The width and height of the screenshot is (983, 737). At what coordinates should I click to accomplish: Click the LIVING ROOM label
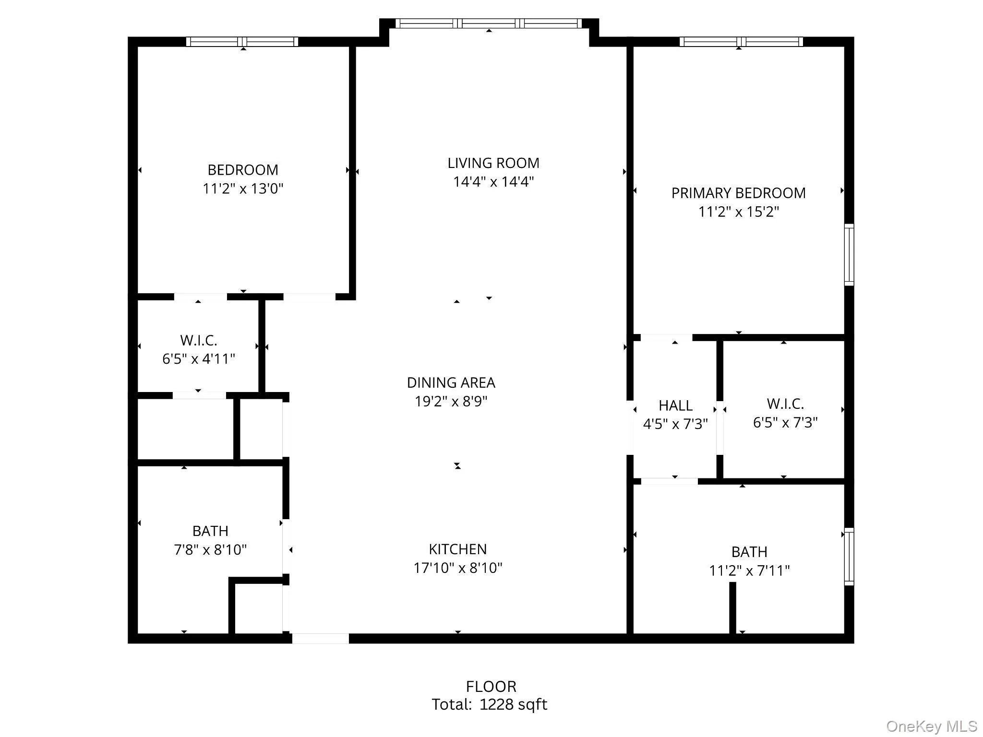(493, 163)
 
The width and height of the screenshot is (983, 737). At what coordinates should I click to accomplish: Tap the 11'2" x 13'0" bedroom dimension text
(243, 189)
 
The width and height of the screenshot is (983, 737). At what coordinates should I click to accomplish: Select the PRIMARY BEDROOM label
(738, 193)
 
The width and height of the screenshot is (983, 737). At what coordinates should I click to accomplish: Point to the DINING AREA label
(451, 382)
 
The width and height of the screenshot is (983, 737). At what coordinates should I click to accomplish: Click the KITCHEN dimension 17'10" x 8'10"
(457, 568)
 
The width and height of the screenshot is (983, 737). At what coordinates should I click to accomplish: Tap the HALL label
(675, 405)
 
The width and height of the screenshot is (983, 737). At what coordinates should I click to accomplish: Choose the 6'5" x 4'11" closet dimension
(198, 359)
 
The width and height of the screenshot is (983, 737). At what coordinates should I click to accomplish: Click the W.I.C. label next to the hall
(785, 404)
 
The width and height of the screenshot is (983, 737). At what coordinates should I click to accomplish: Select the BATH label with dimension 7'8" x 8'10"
(210, 531)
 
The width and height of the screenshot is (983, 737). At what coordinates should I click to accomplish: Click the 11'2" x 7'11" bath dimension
(749, 571)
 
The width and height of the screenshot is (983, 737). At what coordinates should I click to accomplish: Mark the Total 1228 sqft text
(489, 704)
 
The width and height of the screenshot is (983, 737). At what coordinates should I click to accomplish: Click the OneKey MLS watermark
(931, 726)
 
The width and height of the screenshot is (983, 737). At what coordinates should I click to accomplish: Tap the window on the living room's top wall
(489, 23)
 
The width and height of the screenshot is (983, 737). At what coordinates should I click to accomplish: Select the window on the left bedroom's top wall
(242, 42)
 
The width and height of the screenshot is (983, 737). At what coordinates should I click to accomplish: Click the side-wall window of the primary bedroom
(849, 255)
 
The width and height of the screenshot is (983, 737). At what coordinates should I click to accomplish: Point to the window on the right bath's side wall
(849, 557)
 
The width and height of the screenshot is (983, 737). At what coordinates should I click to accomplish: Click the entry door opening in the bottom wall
(320, 638)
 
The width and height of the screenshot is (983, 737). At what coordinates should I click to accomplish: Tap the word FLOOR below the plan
(491, 687)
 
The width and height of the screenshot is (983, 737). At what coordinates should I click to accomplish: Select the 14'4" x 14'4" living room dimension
(493, 182)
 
